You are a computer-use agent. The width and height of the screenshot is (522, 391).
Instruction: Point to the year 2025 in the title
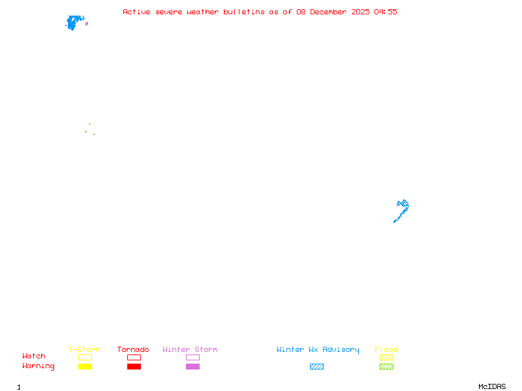[360, 12]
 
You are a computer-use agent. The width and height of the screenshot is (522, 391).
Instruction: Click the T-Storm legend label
[84, 350]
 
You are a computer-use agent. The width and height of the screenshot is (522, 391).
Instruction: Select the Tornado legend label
[133, 350]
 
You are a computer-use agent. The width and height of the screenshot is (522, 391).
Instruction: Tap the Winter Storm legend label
[190, 350]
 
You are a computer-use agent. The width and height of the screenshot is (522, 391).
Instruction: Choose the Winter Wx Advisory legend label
[318, 350]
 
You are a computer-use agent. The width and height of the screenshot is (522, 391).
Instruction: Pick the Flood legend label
[386, 350]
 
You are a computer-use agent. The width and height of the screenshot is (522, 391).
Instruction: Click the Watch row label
[34, 356]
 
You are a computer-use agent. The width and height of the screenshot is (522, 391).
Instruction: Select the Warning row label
[38, 366]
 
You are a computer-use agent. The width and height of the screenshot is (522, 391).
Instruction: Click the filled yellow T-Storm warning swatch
[85, 367]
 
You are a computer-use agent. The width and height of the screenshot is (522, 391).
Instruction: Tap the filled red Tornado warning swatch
[134, 367]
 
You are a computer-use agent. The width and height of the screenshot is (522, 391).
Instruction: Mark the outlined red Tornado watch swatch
[134, 357]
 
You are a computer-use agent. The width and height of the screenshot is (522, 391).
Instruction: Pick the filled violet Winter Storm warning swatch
[192, 367]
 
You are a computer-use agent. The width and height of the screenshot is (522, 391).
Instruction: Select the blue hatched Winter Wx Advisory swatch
[316, 367]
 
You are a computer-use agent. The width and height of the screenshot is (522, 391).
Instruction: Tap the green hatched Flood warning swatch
[386, 367]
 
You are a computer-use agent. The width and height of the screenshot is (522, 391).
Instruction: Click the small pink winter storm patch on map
[87, 23]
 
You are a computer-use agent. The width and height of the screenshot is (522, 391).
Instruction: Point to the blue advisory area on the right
[403, 209]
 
